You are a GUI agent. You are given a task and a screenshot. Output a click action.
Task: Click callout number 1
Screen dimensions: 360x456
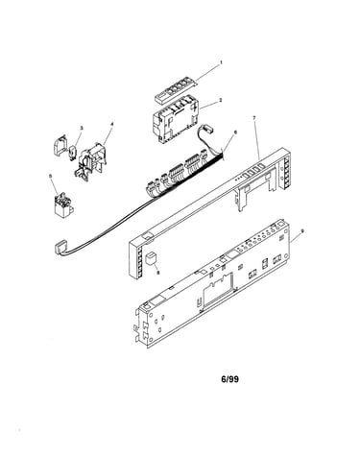coord(221,63)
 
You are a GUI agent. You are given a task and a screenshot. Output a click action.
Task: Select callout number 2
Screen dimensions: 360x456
coord(220,100)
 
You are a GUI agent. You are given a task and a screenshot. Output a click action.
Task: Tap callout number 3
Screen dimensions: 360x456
coord(82,128)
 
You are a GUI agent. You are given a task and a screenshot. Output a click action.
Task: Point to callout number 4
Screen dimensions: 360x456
coord(111,124)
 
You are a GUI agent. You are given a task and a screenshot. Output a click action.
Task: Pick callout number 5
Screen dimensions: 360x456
coord(50,176)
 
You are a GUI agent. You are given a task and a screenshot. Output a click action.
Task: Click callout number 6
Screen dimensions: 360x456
coord(236,132)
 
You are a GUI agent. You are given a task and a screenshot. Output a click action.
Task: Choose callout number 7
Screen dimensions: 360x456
coord(253,118)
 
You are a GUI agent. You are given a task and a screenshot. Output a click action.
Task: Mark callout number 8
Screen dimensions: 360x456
coord(157,273)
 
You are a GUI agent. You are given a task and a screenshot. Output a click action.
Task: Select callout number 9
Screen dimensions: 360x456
coord(302,230)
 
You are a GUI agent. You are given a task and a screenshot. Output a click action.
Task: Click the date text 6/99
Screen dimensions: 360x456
coord(229,379)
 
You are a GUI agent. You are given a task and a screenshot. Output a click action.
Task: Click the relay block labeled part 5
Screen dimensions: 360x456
coord(63,204)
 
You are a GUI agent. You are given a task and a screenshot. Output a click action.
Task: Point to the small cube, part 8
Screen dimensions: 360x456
coord(150,257)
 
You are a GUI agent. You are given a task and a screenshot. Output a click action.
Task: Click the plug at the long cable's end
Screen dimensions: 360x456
coord(60,249)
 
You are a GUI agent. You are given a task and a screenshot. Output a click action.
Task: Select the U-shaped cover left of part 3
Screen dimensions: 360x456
coord(60,145)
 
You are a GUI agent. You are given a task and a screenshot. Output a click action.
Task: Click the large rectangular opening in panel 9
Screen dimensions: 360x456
coord(217,290)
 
